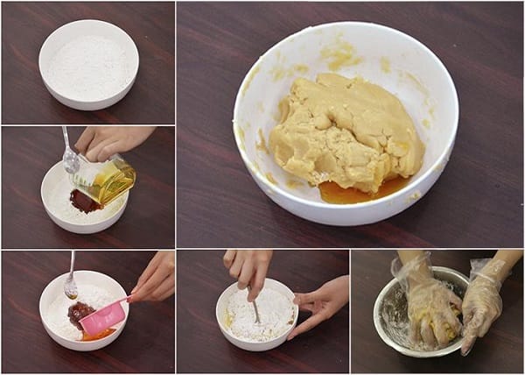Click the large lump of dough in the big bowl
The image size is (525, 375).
pyautogui.click(x=346, y=131)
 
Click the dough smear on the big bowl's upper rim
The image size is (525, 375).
pyautogui.click(x=341, y=54)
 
